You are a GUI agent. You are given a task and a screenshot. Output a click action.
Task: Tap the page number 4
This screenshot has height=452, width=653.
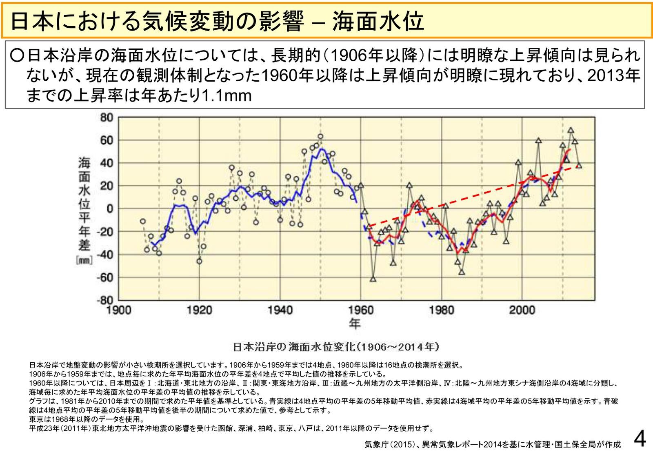640,439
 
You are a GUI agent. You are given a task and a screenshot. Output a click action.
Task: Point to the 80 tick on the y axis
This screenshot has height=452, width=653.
106,117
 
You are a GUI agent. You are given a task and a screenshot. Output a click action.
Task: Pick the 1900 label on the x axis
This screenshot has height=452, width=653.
119,311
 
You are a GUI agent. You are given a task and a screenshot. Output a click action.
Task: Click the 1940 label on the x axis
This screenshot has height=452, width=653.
280,311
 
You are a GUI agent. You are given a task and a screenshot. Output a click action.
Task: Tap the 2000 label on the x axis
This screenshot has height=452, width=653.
522,311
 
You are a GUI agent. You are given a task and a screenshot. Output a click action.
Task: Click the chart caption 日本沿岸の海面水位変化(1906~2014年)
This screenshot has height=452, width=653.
336,347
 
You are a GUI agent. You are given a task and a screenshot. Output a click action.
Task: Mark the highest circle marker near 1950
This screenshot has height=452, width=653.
320,137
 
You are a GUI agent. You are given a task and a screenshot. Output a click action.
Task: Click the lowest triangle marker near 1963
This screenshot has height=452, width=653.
373,279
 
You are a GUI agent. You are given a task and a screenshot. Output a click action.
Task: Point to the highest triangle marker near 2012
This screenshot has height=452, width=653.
571,130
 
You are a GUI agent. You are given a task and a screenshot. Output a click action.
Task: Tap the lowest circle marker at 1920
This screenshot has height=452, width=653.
199,261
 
